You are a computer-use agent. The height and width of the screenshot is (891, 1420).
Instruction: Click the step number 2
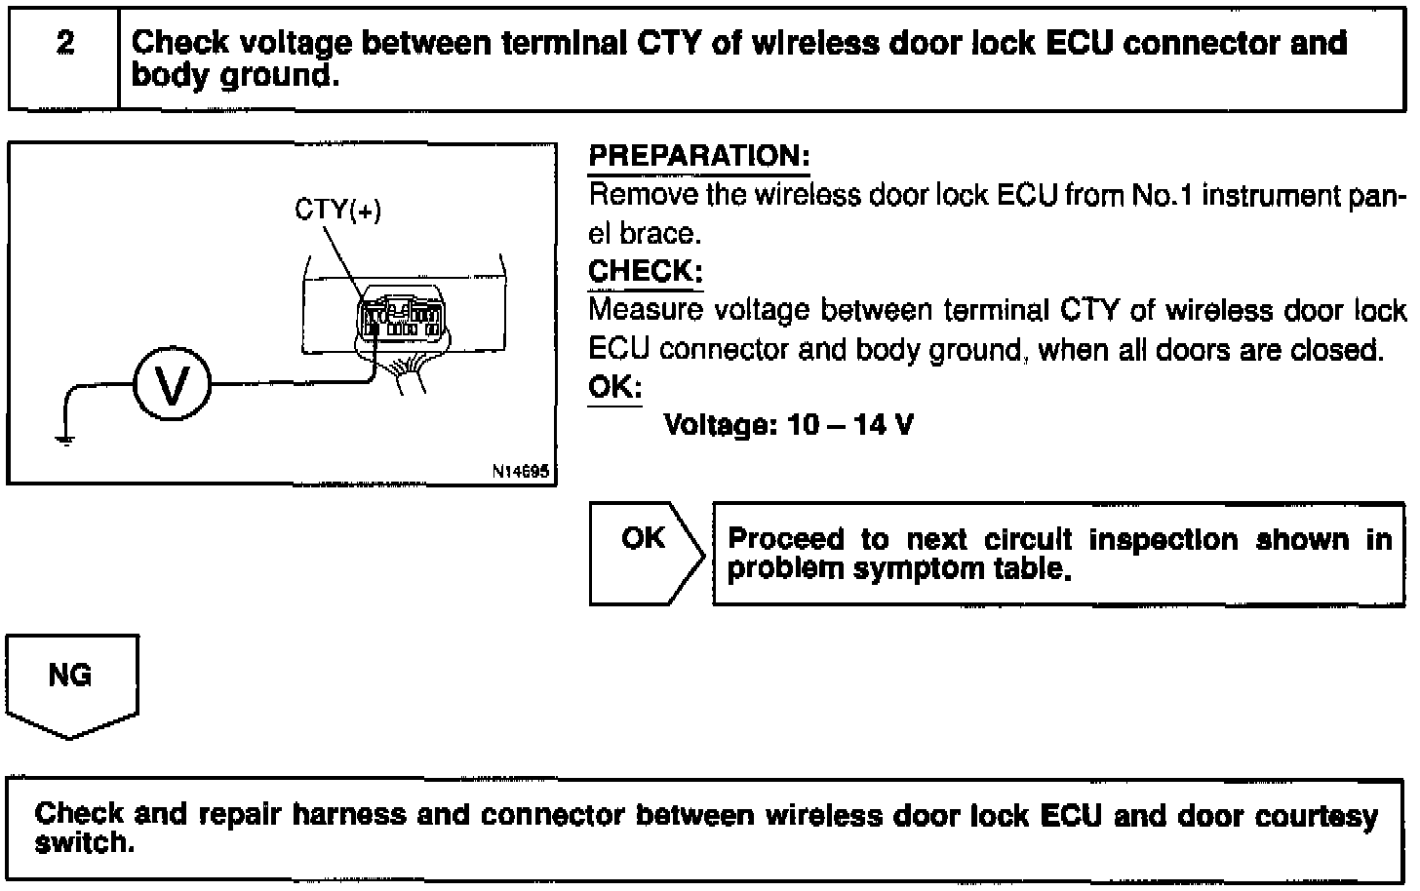(x=65, y=44)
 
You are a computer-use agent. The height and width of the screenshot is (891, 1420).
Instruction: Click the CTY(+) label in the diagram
(x=337, y=210)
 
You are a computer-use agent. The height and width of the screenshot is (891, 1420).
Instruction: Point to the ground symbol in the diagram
(x=65, y=438)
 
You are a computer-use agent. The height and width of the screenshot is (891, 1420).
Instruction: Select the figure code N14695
(x=521, y=472)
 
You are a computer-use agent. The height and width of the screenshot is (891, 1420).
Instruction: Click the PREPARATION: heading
(x=699, y=156)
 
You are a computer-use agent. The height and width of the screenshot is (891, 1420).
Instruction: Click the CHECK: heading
(x=645, y=271)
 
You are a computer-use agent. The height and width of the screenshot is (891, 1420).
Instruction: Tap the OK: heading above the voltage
(x=614, y=387)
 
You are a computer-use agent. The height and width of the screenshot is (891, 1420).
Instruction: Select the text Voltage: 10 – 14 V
(x=788, y=425)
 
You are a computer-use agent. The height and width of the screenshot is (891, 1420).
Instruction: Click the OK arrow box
(x=645, y=552)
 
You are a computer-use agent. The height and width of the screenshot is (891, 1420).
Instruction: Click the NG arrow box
(x=70, y=682)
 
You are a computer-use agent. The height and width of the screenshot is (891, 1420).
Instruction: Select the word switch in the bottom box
(x=82, y=842)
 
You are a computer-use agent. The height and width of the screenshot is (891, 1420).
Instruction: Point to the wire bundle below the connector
(x=410, y=375)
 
